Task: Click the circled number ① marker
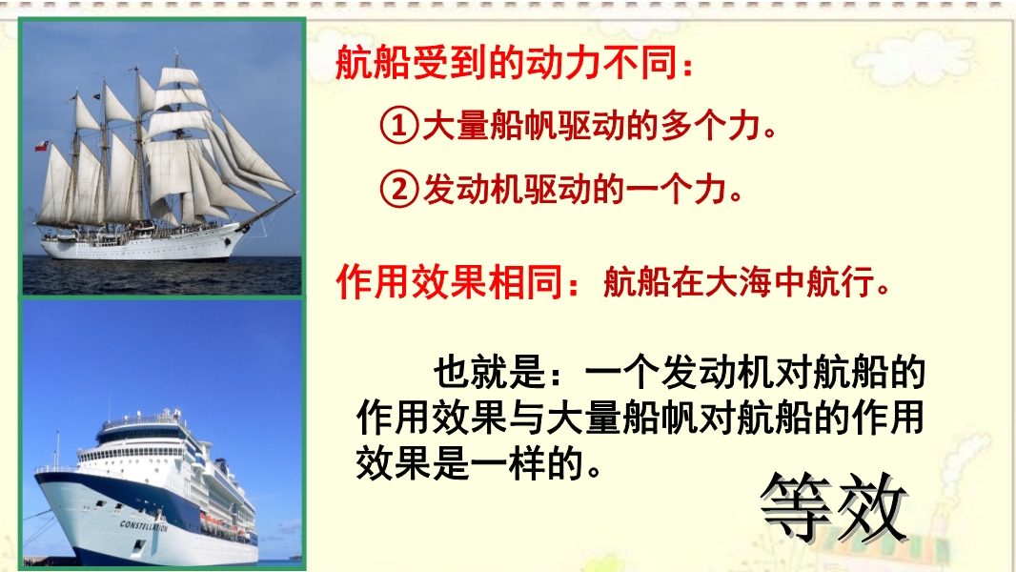(x=398, y=125)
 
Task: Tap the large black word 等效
(x=833, y=508)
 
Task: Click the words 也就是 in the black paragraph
(x=489, y=373)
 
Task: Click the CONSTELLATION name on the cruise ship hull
(x=143, y=525)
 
